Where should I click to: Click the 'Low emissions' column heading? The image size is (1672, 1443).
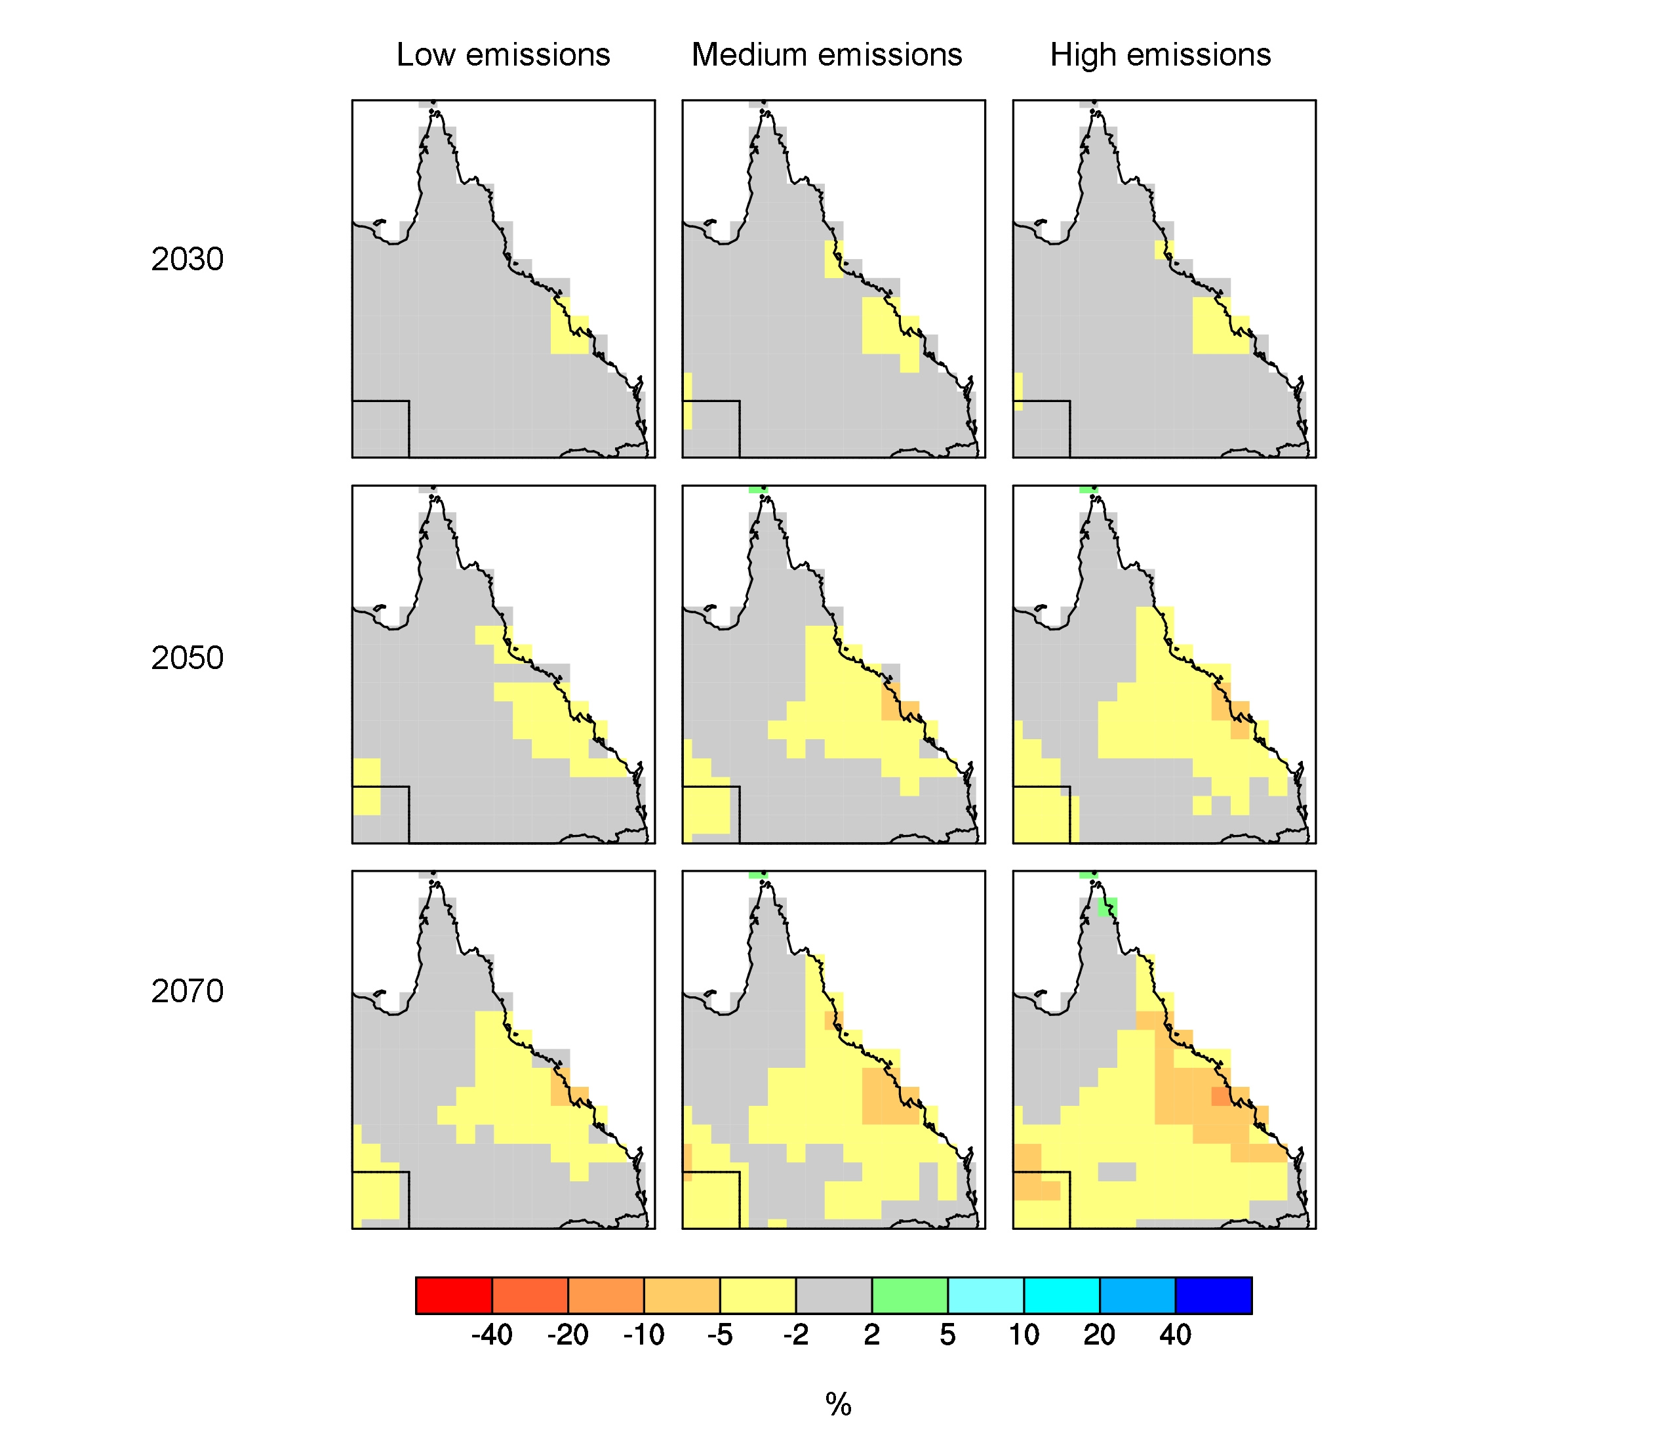(x=503, y=55)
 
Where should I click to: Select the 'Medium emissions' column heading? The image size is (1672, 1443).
(x=827, y=55)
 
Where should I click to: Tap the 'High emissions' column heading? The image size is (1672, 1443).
(x=1161, y=55)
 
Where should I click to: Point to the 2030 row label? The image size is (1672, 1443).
(x=188, y=259)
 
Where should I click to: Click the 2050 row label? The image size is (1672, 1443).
(x=188, y=658)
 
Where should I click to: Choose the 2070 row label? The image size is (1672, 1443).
(x=188, y=991)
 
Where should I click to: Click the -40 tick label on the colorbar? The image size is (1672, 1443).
(x=491, y=1335)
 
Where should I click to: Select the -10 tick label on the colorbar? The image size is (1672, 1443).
(x=643, y=1335)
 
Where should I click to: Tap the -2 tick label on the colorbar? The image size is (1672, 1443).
(x=795, y=1335)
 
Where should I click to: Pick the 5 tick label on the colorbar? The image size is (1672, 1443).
(x=947, y=1335)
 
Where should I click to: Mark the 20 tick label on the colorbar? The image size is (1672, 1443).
(x=1099, y=1335)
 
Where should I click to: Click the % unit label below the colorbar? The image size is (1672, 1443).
(x=839, y=1405)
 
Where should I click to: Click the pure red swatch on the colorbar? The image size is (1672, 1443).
(x=454, y=1295)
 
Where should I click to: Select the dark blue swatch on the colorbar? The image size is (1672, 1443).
(x=1214, y=1295)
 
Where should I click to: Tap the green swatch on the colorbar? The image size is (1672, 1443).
(x=909, y=1295)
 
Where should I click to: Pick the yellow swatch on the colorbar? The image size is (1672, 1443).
(x=758, y=1295)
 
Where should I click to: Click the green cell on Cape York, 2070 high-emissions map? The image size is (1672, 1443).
(x=1109, y=907)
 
